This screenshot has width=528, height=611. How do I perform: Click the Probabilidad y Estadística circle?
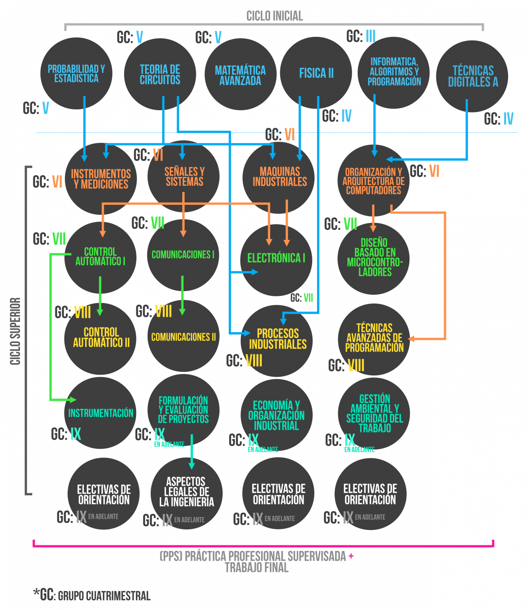coord(76,74)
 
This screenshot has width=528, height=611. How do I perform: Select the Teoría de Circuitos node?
coord(160,74)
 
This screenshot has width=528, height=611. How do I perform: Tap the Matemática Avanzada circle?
coord(240,75)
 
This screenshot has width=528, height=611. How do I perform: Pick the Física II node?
coord(316,73)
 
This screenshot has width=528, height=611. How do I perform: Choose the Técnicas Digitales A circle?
coord(472,76)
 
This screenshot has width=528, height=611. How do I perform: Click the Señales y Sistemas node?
coord(184,177)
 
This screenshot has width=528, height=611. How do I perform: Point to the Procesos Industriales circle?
coord(277,339)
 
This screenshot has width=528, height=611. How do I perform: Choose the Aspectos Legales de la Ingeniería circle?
coord(186,492)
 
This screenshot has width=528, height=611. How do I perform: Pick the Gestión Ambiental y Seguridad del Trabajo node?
coord(374,413)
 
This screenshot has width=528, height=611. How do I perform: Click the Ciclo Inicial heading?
coord(275,16)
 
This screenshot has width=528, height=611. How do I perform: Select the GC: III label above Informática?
coord(361,36)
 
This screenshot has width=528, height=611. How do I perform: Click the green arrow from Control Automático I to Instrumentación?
coord(51,326)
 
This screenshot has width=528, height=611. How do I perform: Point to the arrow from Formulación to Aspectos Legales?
coord(191,451)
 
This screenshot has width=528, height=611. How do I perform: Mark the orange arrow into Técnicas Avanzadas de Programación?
coord(445,278)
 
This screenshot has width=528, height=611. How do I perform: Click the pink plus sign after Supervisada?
coord(351,556)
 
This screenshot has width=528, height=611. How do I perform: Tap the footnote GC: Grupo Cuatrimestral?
coord(92,595)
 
